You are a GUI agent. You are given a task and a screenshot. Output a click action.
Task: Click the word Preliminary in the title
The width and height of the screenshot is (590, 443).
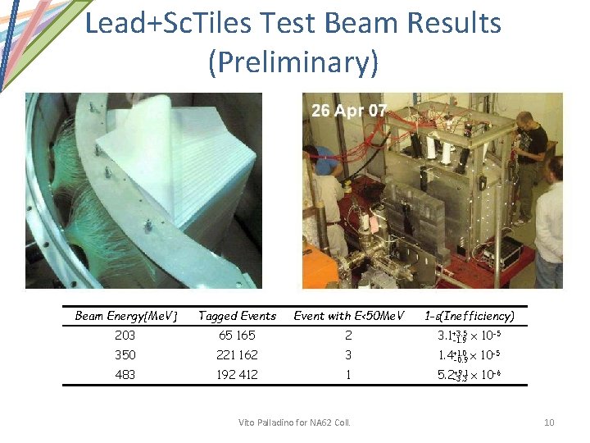click(x=293, y=63)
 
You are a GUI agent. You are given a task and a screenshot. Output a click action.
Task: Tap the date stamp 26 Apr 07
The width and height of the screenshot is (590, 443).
click(x=349, y=111)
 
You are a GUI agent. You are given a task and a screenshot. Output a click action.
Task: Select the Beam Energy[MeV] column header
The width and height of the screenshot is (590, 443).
click(x=126, y=316)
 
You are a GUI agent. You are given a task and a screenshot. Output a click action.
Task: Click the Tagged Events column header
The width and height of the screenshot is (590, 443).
click(x=238, y=316)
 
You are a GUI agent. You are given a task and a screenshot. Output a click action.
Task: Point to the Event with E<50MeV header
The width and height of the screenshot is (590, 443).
click(x=348, y=316)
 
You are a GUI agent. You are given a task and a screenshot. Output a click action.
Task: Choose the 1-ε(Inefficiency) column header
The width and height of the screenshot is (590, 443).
click(x=470, y=316)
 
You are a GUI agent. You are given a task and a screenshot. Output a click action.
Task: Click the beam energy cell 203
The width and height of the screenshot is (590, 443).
click(x=126, y=336)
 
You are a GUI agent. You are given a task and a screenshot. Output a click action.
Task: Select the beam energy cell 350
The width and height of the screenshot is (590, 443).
click(x=126, y=355)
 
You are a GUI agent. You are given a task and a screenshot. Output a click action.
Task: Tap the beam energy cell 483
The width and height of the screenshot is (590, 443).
click(x=126, y=375)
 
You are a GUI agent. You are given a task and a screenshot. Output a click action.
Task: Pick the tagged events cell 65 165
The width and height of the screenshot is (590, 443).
click(x=238, y=336)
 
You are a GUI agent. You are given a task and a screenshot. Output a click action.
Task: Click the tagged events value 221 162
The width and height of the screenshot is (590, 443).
click(x=238, y=355)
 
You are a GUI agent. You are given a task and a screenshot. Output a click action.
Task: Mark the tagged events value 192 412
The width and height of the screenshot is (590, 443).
click(x=238, y=375)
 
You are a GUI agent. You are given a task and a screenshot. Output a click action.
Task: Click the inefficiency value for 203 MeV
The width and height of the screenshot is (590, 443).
click(x=470, y=336)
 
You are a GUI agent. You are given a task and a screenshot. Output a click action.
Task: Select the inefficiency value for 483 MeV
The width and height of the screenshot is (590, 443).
click(x=470, y=375)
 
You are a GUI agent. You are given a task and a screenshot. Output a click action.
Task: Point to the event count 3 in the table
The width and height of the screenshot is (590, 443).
click(x=348, y=355)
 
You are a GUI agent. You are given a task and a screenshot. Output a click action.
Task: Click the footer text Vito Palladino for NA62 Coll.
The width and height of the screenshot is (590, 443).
click(x=294, y=422)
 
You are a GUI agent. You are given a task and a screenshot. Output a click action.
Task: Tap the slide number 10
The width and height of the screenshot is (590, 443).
click(x=549, y=422)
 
